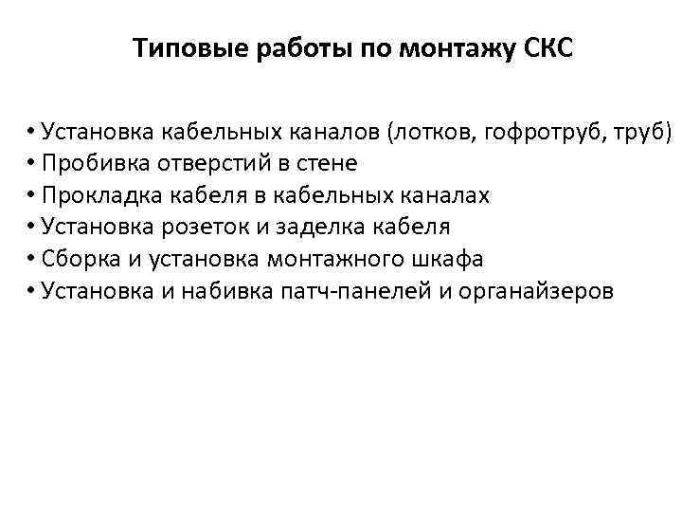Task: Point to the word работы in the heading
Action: coord(301,48)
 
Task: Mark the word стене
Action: coord(326,163)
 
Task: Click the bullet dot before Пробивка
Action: coord(31,164)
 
